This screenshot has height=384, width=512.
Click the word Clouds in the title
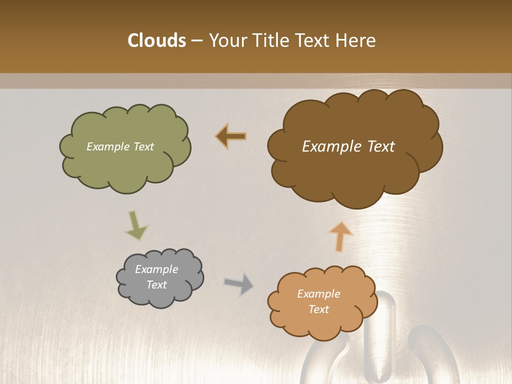[156, 41]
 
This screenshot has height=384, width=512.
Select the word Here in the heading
[356, 41]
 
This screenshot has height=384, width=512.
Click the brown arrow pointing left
[231, 137]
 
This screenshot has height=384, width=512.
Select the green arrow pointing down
[136, 225]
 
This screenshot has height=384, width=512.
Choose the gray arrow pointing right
[239, 284]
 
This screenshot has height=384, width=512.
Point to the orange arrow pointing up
[340, 236]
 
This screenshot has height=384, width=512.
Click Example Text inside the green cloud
[120, 147]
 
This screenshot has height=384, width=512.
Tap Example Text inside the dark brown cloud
[348, 147]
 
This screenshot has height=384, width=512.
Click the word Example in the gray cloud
[156, 269]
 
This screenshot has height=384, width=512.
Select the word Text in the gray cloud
[156, 285]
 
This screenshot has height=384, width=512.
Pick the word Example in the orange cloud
[318, 294]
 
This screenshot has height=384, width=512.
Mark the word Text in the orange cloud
[318, 309]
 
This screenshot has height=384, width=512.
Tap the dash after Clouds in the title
[196, 41]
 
